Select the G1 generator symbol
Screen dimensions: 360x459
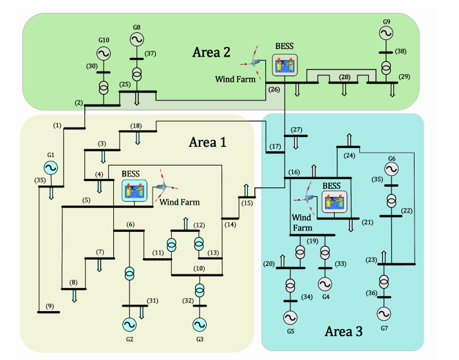click(x=51, y=167)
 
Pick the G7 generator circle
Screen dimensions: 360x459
click(x=384, y=314)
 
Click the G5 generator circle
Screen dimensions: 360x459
click(x=290, y=317)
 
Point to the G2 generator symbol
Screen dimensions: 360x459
click(x=130, y=324)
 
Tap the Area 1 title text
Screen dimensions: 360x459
click(x=207, y=142)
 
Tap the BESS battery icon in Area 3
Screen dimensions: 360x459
click(x=333, y=202)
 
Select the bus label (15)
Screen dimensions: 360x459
click(x=247, y=204)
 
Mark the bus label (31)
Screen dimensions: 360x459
click(x=152, y=300)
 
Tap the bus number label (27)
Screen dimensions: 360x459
click(x=296, y=129)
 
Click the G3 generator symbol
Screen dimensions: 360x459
click(x=200, y=324)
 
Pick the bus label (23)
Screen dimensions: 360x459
click(x=371, y=259)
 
